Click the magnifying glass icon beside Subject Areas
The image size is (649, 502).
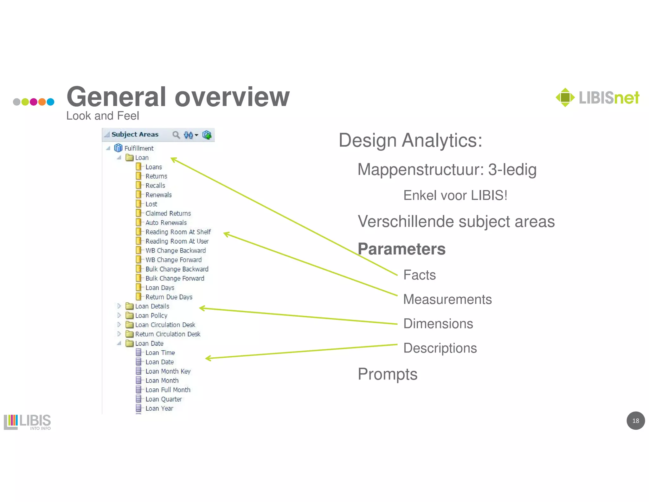176,135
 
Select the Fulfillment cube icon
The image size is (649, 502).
118,148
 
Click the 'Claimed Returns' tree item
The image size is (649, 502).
168,213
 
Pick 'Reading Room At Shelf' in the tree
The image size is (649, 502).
178,232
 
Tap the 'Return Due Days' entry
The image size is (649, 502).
169,297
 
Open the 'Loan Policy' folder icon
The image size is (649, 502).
129,315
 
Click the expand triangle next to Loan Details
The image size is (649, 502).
119,306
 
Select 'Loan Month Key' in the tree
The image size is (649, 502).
168,371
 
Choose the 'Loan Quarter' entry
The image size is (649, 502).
164,399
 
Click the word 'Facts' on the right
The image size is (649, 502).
419,275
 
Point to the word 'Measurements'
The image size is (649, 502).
447,299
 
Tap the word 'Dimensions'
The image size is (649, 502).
438,324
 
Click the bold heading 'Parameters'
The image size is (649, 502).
402,249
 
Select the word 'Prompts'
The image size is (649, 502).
387,374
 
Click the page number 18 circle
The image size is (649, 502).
635,421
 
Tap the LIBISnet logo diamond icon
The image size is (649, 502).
565,97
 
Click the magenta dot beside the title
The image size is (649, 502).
34,102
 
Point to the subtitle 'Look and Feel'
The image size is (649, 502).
102,116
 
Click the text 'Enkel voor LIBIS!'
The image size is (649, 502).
455,195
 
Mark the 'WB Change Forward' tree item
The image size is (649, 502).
173,260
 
